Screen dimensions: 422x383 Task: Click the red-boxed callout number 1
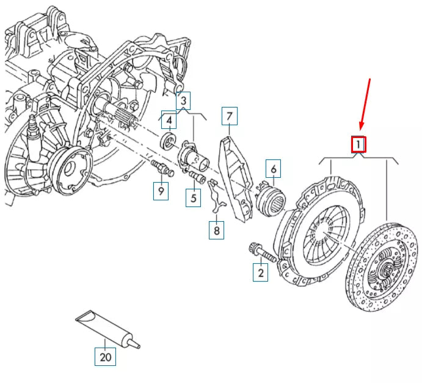click(x=358, y=145)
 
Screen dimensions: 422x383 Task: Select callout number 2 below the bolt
click(x=260, y=272)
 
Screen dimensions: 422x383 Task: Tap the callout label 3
click(x=183, y=101)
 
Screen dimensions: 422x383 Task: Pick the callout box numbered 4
click(x=169, y=120)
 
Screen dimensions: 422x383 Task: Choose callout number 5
click(x=193, y=198)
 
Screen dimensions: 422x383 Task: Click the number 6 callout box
click(x=273, y=169)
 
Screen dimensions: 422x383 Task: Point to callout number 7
click(x=229, y=116)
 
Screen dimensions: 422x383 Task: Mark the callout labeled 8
click(x=216, y=230)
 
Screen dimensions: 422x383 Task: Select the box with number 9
click(x=161, y=191)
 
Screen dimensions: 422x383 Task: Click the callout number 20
click(x=105, y=357)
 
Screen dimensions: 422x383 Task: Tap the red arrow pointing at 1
click(x=365, y=104)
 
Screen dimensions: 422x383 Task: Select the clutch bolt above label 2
click(x=263, y=252)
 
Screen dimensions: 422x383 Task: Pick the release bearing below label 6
click(x=270, y=199)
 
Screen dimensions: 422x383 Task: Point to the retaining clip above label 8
click(x=217, y=195)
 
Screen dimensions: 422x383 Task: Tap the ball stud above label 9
click(x=162, y=168)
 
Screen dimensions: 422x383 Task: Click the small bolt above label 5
click(x=197, y=177)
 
